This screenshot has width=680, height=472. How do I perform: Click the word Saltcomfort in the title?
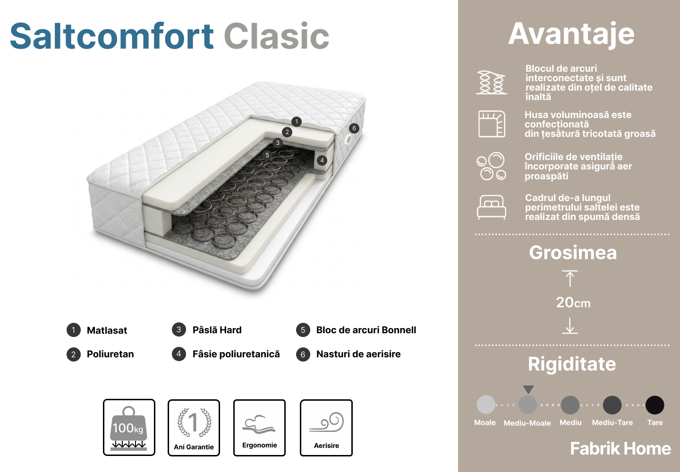click(112, 36)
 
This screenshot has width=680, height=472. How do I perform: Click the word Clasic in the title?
click(277, 36)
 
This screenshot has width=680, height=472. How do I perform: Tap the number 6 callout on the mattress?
click(354, 128)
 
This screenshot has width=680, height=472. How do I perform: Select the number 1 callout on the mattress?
click(297, 122)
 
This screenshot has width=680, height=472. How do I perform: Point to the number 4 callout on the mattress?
click(322, 160)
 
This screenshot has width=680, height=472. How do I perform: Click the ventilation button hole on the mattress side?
click(348, 140)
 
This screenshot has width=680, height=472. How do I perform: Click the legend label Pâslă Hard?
click(217, 330)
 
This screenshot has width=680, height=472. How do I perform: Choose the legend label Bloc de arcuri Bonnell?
click(366, 330)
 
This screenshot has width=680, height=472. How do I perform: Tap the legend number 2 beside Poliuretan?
click(74, 354)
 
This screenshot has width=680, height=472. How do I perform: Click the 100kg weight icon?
click(129, 428)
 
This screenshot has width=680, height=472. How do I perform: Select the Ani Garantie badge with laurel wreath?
click(194, 428)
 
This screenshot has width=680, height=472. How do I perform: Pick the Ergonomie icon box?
click(259, 428)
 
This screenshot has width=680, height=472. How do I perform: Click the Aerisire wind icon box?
click(326, 428)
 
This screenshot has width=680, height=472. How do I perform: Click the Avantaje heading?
click(571, 34)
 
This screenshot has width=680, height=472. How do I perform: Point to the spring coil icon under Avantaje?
click(491, 82)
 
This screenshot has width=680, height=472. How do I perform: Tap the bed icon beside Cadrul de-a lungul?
click(492, 207)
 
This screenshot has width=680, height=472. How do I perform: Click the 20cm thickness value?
click(573, 303)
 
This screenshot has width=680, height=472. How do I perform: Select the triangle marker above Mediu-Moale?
click(528, 389)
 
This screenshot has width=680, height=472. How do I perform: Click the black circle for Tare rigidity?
click(655, 405)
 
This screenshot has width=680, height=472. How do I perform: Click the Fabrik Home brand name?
click(620, 448)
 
